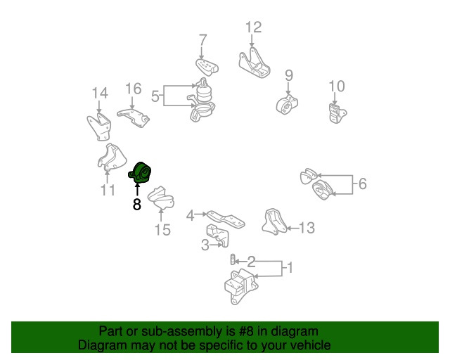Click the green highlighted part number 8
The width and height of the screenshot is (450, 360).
coord(140,172)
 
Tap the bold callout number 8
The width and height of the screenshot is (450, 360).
coord(137,205)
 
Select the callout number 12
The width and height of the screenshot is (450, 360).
coord(253,27)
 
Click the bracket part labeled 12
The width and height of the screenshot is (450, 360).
coord(255,64)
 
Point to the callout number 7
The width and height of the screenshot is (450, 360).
coord(203,40)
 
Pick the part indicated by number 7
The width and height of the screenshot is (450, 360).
coord(207,67)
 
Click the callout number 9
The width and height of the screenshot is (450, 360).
coord(289,75)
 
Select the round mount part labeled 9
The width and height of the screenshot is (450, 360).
coord(287,104)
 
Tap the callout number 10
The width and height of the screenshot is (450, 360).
coord(337,86)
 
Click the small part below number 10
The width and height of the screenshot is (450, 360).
coord(337,113)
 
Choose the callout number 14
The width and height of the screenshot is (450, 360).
coord(100,93)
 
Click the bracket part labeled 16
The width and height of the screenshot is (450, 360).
coord(133,117)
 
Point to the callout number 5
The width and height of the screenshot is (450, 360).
coord(155,96)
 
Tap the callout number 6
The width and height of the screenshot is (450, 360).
coord(363,184)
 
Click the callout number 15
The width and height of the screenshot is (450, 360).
coord(162,230)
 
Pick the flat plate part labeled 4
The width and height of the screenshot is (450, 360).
coord(226,219)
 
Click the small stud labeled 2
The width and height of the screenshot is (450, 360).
coord(233,259)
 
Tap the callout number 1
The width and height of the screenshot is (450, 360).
coord(290,267)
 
